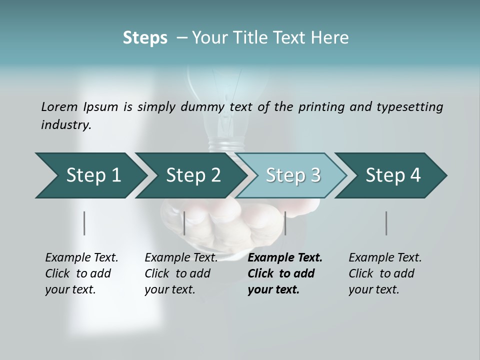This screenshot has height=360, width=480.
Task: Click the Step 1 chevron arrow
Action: [x=90, y=175]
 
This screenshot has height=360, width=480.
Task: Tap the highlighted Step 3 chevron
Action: [x=292, y=175]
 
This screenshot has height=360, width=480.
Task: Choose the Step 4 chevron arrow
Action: [x=392, y=175]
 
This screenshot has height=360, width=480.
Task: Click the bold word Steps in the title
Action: [x=145, y=38]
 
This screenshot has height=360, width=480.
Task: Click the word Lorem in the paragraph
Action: [x=59, y=106]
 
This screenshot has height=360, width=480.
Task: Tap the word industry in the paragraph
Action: [x=65, y=125]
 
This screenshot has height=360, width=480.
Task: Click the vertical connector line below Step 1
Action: [x=84, y=223]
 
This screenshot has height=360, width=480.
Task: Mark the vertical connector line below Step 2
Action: [x=184, y=223]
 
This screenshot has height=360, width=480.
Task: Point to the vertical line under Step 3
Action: [x=285, y=223]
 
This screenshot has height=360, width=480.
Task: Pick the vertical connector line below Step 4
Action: [x=386, y=223]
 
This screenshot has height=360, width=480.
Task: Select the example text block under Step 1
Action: [x=81, y=273]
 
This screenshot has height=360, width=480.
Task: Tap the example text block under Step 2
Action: [x=181, y=273]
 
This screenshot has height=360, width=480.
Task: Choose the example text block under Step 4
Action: [x=385, y=273]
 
